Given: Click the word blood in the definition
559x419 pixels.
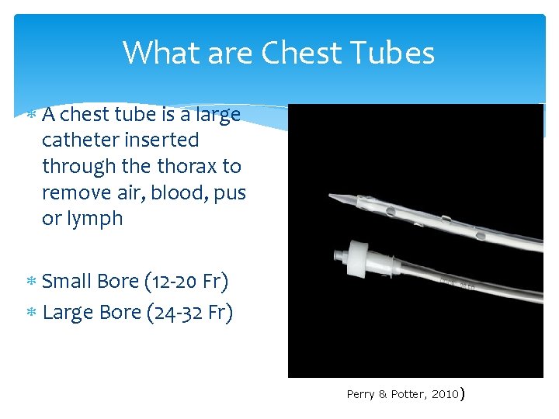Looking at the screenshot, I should point(179,192).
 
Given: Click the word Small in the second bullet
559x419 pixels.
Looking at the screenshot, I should point(68,280).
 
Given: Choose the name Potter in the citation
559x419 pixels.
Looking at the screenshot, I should point(403,394).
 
